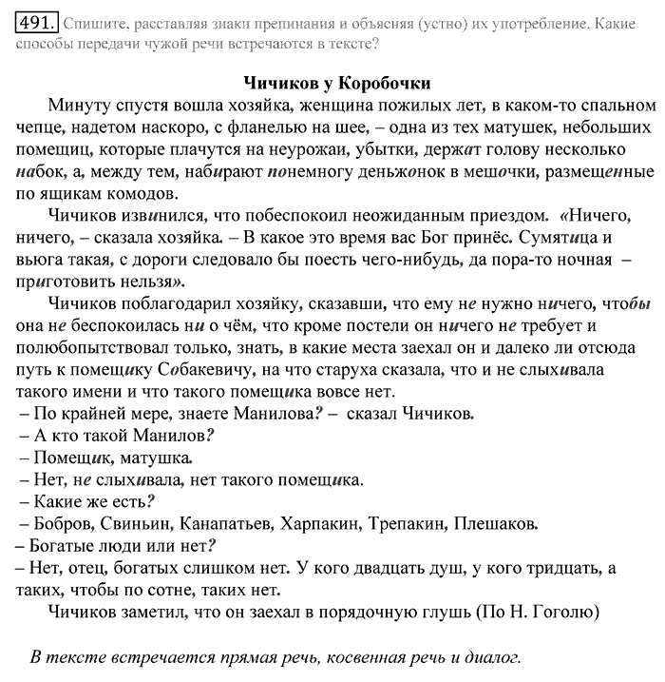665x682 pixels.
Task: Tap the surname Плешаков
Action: [x=495, y=522]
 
